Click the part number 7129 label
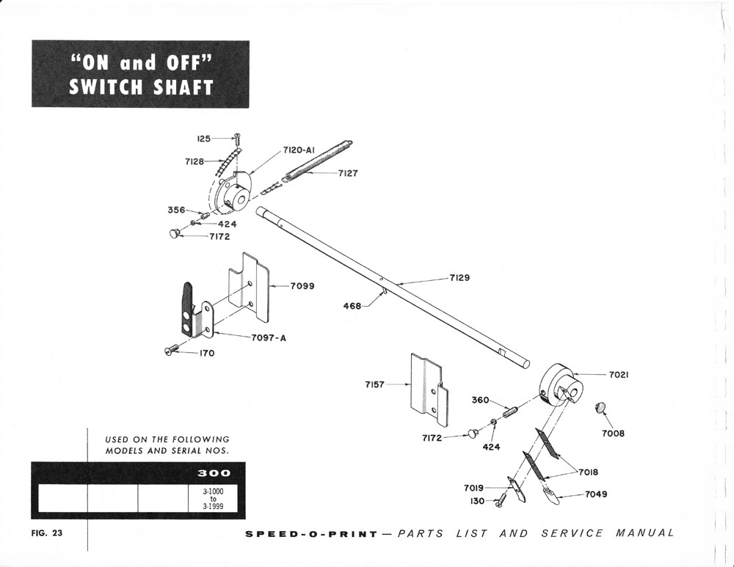(x=459, y=278)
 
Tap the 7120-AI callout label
(x=299, y=150)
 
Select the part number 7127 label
(x=348, y=174)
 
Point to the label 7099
(x=302, y=286)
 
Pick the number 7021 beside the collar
(x=618, y=375)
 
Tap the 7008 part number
(x=613, y=434)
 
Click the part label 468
(x=352, y=306)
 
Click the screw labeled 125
(x=237, y=138)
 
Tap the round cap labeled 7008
(x=600, y=406)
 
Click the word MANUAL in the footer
(x=645, y=533)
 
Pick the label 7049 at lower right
(x=596, y=494)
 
